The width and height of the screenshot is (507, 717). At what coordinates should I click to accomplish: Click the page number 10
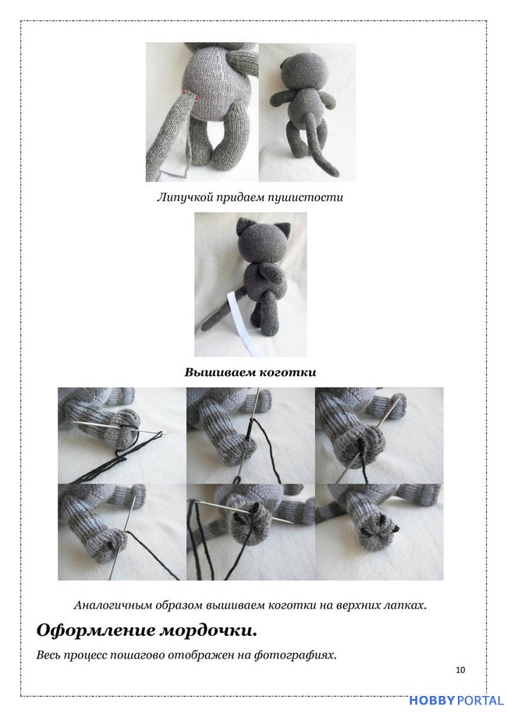(x=460, y=670)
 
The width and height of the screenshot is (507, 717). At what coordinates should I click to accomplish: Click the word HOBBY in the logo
(x=432, y=701)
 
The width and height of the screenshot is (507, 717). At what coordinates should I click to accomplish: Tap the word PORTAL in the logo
(x=480, y=701)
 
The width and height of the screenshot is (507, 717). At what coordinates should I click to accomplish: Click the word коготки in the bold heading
(x=287, y=372)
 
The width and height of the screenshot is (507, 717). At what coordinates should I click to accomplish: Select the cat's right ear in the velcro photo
(x=285, y=229)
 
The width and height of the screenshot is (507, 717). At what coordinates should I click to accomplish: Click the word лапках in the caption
(x=406, y=605)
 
